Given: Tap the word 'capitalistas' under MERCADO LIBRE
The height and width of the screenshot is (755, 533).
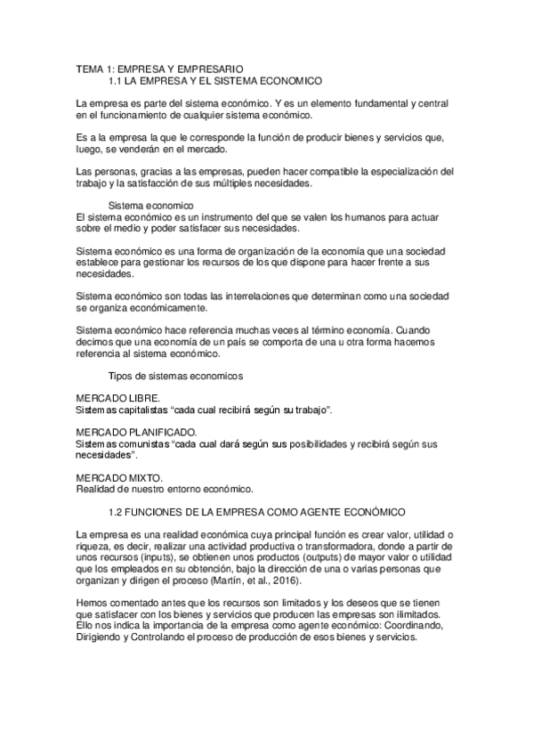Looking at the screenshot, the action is [x=141, y=410].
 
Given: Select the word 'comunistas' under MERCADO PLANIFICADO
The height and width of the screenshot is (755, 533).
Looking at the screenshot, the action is [x=142, y=443].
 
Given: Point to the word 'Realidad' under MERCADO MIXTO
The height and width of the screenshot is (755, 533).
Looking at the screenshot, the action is [x=95, y=489].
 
